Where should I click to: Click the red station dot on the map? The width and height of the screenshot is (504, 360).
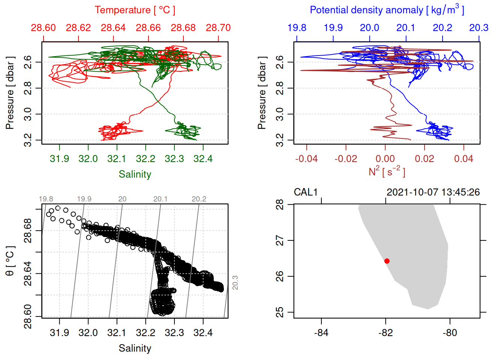click(x=387, y=261)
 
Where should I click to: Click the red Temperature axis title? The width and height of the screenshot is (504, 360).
click(x=135, y=10)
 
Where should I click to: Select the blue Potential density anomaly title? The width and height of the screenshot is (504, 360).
click(x=387, y=10)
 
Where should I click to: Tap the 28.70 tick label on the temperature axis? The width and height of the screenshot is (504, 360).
click(x=218, y=28)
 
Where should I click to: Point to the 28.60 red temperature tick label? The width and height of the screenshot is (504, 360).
click(x=43, y=28)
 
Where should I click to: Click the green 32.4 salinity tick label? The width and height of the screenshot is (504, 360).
click(x=203, y=159)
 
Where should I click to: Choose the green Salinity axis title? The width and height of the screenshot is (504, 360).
click(x=135, y=174)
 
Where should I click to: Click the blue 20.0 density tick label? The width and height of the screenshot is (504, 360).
click(x=369, y=28)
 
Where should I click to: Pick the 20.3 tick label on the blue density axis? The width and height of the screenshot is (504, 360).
click(x=479, y=28)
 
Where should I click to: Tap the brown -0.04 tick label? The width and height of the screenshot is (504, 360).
click(x=306, y=159)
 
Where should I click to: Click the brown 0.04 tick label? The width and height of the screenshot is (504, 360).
click(x=463, y=159)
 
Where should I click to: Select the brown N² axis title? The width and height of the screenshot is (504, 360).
click(x=387, y=172)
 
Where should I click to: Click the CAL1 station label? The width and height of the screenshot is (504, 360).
click(x=306, y=192)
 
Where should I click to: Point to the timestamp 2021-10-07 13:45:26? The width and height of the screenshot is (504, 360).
click(x=433, y=192)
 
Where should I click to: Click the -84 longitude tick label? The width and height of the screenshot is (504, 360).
click(x=321, y=333)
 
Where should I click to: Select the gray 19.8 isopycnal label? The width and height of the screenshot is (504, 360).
click(x=46, y=199)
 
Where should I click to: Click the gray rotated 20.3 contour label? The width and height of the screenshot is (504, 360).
click(x=235, y=283)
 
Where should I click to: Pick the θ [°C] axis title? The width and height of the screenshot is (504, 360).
click(x=10, y=261)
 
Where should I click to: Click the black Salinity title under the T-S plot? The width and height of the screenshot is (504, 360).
click(x=135, y=348)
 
